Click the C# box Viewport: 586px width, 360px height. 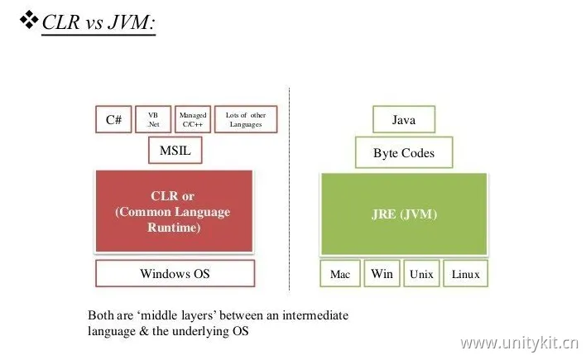[114, 119]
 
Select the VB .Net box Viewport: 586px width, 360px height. [153, 119]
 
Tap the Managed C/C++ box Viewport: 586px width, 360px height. [192, 119]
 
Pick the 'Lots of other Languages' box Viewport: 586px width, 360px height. [245, 119]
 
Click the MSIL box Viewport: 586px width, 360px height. [175, 151]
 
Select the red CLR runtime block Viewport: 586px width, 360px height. [174, 211]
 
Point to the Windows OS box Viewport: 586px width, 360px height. [175, 273]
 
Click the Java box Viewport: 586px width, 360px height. [403, 120]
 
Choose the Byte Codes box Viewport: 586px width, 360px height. [403, 152]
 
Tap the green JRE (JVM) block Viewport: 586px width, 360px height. [403, 214]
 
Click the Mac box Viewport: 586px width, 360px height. [340, 274]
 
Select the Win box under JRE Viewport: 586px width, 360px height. [382, 274]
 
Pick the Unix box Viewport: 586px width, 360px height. [422, 274]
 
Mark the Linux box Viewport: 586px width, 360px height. [465, 274]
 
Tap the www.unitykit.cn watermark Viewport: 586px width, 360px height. [519, 342]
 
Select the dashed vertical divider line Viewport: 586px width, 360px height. [289, 190]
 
